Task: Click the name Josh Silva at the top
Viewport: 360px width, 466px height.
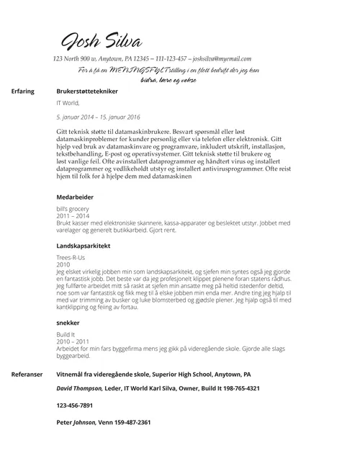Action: [x=101, y=40]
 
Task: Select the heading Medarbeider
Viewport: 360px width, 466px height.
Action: [x=76, y=197]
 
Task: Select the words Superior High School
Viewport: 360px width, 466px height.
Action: [x=173, y=375]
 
